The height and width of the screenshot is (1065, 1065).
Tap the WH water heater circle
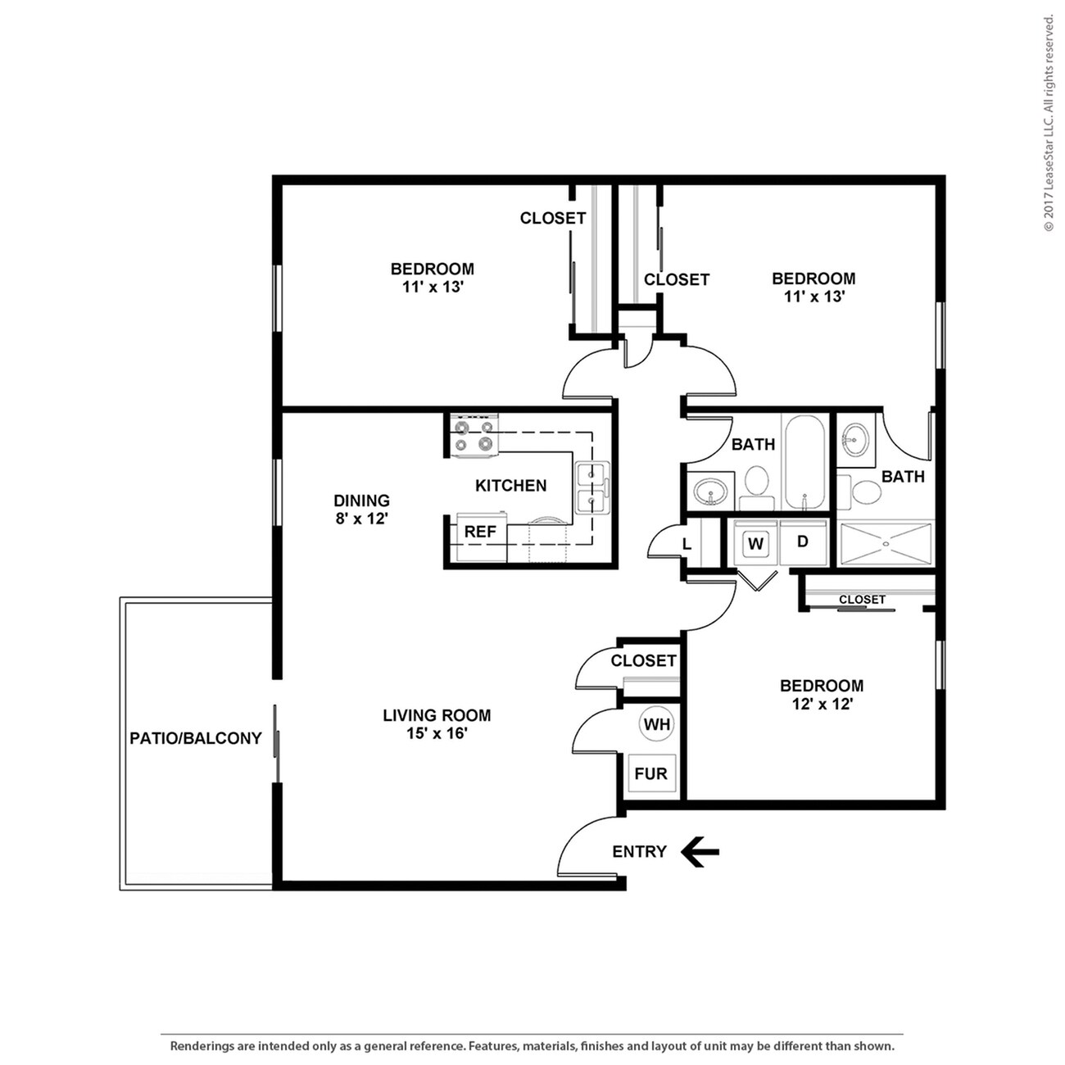657,724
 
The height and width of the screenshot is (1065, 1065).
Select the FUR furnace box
651,773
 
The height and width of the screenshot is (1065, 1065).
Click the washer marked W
755,543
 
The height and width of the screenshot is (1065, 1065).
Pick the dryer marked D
803,542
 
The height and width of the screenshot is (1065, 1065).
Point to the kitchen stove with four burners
475,434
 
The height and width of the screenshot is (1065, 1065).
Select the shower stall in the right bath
886,542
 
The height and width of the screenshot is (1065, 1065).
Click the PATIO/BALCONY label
196,738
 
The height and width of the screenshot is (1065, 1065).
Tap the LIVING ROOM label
437,715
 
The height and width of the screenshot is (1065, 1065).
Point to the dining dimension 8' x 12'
361,519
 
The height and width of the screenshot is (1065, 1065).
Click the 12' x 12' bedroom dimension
822,704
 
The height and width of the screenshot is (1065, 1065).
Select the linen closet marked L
687,545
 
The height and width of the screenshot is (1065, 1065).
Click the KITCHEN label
510,486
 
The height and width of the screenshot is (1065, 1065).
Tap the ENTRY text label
639,852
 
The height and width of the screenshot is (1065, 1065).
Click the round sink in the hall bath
709,492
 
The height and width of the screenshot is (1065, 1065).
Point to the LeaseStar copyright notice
1049,123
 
